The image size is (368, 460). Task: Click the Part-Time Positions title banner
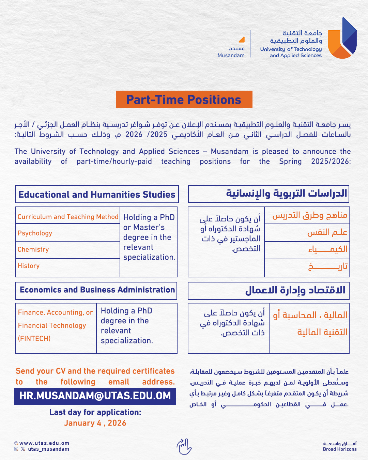tap(184, 99)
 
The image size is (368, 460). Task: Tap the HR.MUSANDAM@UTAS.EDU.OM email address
tap(95, 396)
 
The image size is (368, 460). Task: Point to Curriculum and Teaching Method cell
tap(68, 217)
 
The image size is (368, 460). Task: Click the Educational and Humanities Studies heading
tap(97, 194)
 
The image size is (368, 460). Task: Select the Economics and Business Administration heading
tap(97, 290)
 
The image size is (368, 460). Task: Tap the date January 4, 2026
tap(95, 423)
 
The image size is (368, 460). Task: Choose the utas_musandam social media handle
tap(48, 449)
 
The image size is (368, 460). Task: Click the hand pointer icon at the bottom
tap(184, 446)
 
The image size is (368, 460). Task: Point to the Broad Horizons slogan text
tap(340, 449)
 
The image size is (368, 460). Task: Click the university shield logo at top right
tap(342, 38)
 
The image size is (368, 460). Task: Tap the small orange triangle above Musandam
tap(242, 40)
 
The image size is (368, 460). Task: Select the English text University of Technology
tap(291, 49)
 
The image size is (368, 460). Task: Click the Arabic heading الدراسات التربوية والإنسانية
tap(286, 194)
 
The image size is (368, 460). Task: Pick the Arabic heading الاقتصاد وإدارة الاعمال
tap(295, 290)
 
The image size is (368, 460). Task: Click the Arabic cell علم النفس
tap(327, 233)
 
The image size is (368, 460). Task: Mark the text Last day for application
tap(95, 412)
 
